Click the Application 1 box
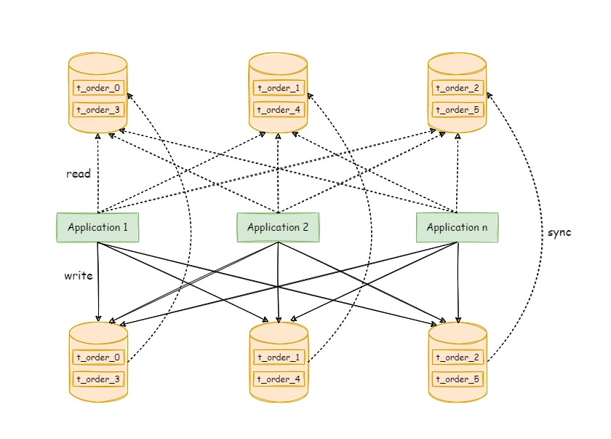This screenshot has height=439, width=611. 97,227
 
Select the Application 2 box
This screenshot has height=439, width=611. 278,227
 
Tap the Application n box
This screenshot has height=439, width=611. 457,227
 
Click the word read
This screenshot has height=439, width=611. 79,173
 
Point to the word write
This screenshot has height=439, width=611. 79,276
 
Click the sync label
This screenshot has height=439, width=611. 559,233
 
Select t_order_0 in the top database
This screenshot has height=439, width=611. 98,87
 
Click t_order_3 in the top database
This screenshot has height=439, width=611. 98,109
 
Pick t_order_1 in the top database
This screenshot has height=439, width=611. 279,87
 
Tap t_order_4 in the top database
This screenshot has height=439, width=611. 279,109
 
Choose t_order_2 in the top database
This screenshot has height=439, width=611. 458,87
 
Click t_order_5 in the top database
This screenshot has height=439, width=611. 458,109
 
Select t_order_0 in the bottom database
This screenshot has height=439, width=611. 98,357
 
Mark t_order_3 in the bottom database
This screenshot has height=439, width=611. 98,379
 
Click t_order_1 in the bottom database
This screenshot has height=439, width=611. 279,357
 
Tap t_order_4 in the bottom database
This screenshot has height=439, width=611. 279,379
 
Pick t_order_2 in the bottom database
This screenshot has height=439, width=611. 458,357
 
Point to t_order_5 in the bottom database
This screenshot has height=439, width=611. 458,379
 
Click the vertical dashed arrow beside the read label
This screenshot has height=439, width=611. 97,173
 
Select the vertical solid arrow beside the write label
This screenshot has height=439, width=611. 97,282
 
